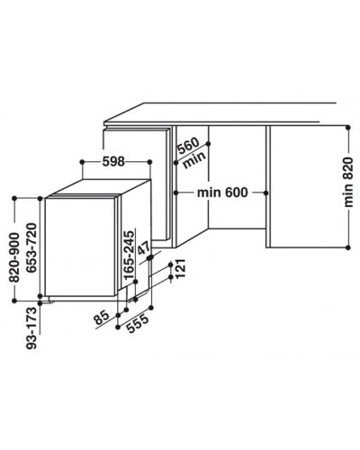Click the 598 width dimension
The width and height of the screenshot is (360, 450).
click(113, 162)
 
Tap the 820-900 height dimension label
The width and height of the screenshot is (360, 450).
click(14, 257)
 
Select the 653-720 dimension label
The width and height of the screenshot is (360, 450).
click(31, 247)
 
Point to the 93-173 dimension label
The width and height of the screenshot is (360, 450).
click(31, 328)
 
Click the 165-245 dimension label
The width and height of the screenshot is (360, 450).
click(129, 256)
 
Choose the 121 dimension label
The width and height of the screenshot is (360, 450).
click(181, 268)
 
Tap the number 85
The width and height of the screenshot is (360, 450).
click(102, 319)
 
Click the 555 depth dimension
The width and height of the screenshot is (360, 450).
click(138, 323)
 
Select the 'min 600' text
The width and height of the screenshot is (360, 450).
click(222, 193)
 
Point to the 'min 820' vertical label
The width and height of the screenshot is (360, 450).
click(348, 182)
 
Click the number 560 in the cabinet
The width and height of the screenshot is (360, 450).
click(188, 146)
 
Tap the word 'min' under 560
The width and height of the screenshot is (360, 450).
click(194, 159)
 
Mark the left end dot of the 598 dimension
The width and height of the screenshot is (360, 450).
click(82, 162)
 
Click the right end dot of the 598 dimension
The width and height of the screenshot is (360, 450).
click(150, 162)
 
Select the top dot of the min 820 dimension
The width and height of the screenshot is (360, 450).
click(348, 128)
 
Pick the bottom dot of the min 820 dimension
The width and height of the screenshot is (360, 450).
click(348, 247)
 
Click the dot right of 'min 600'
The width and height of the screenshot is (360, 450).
click(265, 193)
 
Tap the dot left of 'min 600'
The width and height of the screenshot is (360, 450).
click(176, 193)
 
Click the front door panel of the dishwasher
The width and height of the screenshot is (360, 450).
click(80, 247)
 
